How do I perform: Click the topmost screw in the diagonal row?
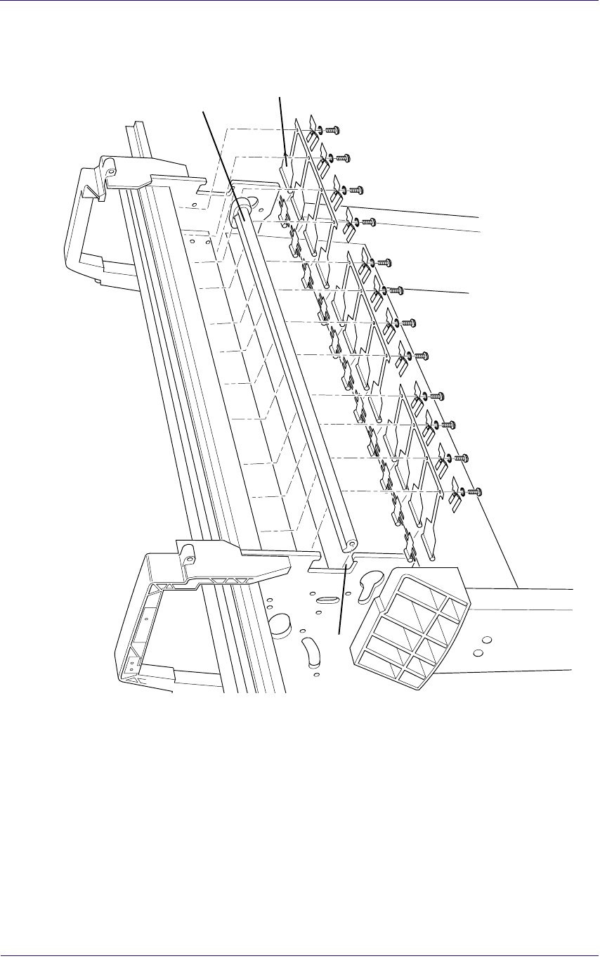click(x=334, y=130)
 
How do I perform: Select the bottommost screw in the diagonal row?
click(x=476, y=491)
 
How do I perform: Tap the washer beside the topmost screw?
click(x=321, y=130)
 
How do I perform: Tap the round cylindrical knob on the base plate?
click(x=280, y=623)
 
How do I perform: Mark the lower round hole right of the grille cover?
click(x=478, y=653)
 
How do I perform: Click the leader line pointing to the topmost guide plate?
click(x=282, y=127)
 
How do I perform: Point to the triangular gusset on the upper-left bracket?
click(x=89, y=190)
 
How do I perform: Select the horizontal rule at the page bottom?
click(x=300, y=955)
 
